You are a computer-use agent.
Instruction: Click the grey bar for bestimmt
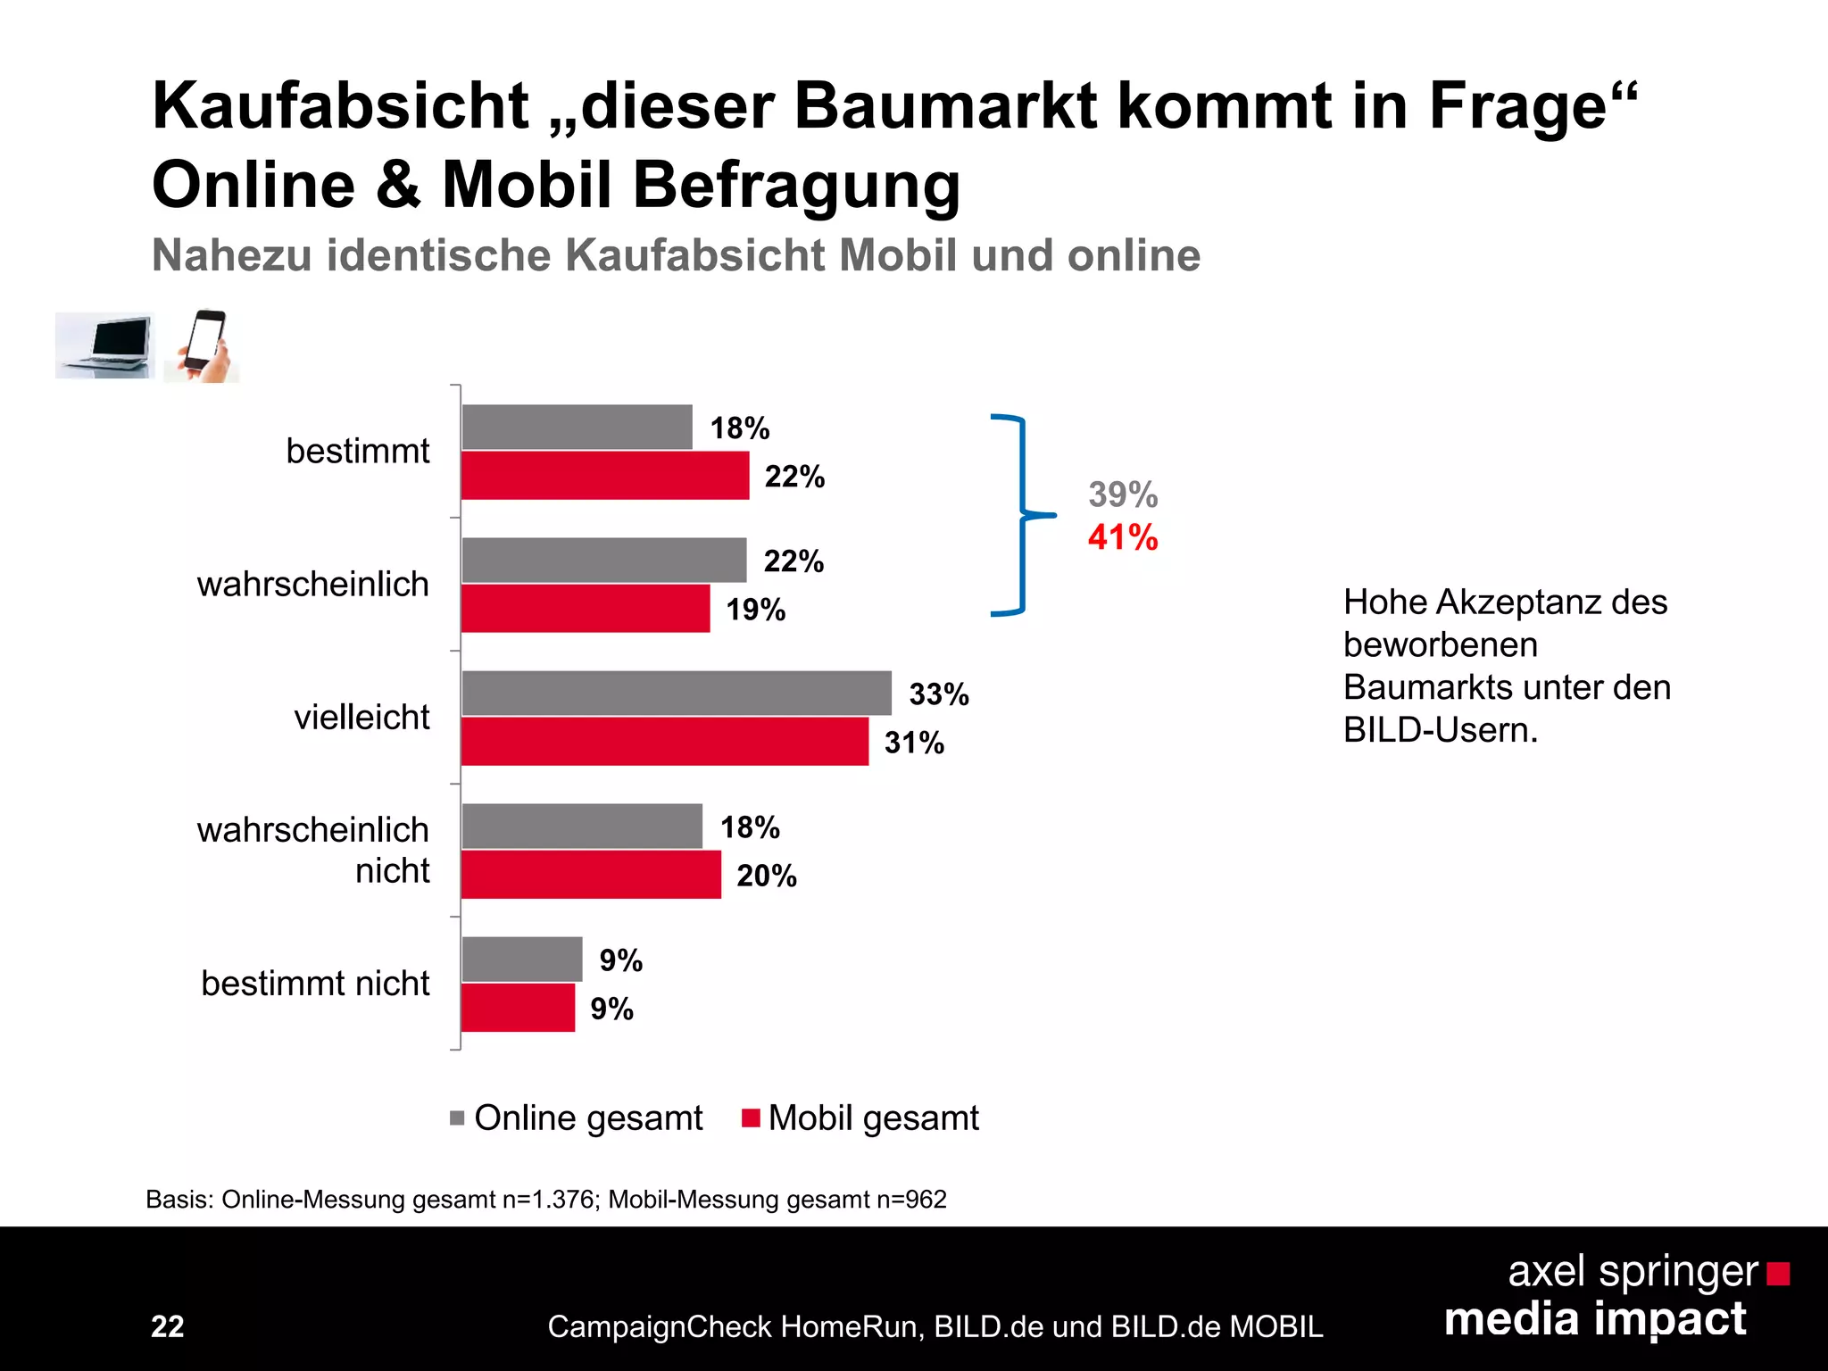pos(577,427)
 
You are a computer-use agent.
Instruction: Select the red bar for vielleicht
pos(664,742)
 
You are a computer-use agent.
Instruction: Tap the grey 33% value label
pos(938,694)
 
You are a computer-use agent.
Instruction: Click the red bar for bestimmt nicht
pos(518,1008)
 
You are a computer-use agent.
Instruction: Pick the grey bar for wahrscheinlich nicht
pos(582,826)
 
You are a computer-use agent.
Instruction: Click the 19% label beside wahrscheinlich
pos(755,610)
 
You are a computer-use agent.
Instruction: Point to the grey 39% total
pos(1122,494)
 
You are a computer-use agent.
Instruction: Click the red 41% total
pos(1122,537)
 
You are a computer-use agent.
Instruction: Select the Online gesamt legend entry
pos(577,1118)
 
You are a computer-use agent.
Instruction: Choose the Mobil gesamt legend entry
pos(860,1118)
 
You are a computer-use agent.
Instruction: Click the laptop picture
pos(105,345)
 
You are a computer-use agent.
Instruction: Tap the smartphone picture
pos(203,345)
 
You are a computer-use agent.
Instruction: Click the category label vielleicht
pos(361,717)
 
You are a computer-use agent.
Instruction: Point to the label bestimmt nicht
pos(315,983)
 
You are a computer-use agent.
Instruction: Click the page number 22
pos(168,1326)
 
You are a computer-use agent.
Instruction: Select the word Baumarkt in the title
pos(944,106)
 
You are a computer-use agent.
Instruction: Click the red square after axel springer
pos(1778,1274)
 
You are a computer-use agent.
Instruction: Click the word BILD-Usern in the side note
pos(1440,730)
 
